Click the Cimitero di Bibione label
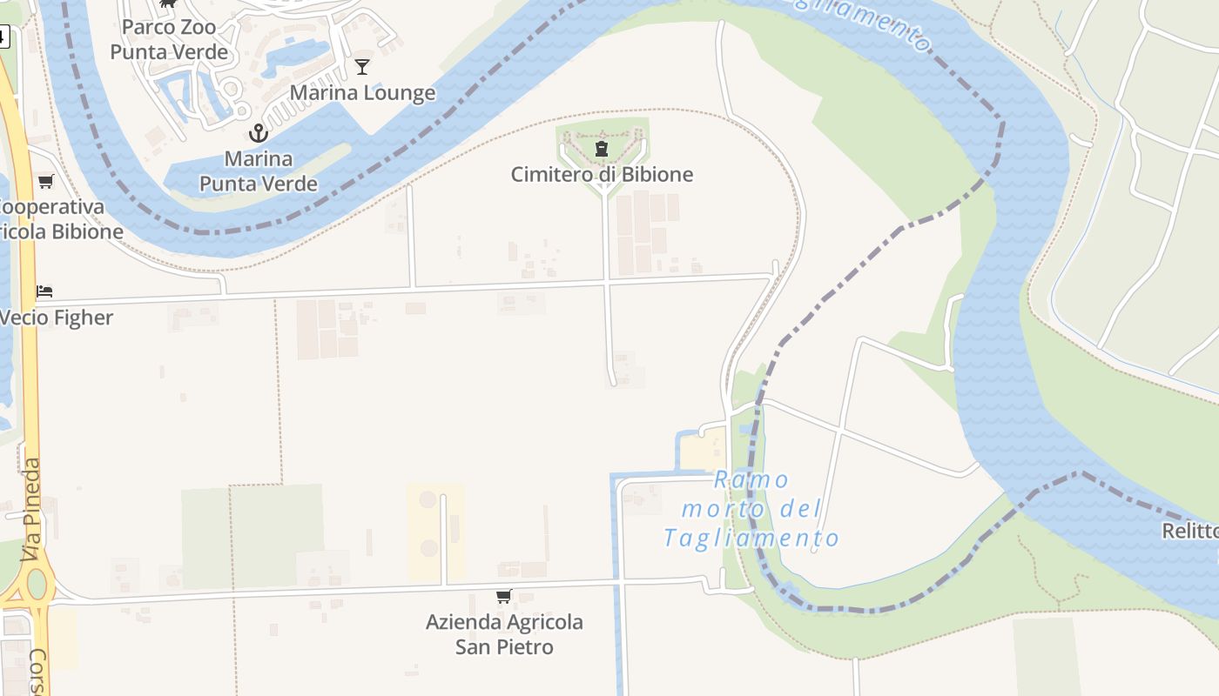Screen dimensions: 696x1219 coord(602,174)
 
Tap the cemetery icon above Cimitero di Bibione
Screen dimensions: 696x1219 coord(602,149)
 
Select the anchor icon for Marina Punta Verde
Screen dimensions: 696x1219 coord(258,133)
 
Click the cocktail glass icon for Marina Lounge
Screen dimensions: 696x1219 coord(362,66)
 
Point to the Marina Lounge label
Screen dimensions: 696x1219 coord(362,92)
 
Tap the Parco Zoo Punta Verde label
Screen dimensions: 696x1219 coord(169,39)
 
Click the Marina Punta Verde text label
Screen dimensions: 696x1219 coord(259,171)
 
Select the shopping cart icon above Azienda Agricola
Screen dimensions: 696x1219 coord(503,597)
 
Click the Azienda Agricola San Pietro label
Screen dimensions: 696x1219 coord(504,634)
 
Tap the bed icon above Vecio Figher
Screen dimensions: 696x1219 coord(44,291)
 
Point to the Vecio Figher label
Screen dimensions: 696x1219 coord(57,318)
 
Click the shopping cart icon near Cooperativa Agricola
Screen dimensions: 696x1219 coord(45,182)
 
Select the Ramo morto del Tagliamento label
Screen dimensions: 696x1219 coord(751,509)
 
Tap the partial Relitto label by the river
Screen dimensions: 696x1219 coord(1191,531)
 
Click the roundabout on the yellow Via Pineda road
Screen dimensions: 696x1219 coord(36,584)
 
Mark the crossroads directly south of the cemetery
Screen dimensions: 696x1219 coord(607,283)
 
